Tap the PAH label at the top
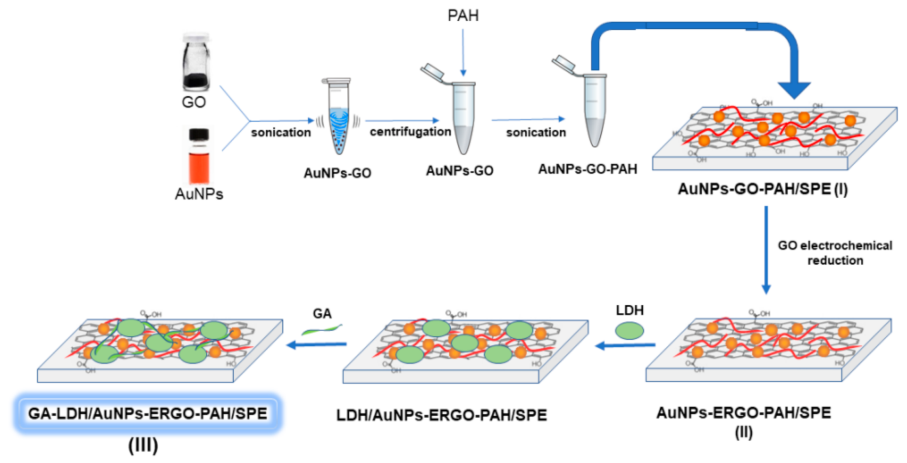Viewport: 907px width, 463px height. (x=463, y=16)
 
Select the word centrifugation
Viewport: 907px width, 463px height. (x=410, y=132)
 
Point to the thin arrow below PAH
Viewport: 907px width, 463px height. (x=463, y=52)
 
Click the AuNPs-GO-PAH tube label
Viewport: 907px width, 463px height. (x=588, y=169)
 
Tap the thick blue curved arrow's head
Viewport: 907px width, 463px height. (x=794, y=89)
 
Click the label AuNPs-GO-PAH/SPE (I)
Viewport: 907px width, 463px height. (x=762, y=189)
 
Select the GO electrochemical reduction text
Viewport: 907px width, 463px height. (x=834, y=252)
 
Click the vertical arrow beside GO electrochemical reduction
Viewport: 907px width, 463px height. (x=766, y=250)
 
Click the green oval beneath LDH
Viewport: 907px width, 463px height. (x=629, y=331)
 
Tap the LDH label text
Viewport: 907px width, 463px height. (x=629, y=310)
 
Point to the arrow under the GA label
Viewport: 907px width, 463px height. (x=317, y=345)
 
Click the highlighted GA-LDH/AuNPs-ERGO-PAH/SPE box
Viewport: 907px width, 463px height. (x=147, y=414)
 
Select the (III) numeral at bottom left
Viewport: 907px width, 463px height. (x=143, y=445)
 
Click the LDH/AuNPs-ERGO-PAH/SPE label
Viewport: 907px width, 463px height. (x=441, y=415)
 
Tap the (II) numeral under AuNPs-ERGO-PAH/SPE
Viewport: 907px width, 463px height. (x=744, y=432)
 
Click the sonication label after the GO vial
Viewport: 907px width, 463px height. (x=281, y=132)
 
